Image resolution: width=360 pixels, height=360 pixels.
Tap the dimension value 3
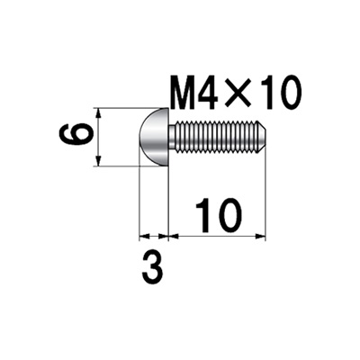coord(153,267)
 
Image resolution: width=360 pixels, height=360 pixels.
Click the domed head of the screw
coord(154,138)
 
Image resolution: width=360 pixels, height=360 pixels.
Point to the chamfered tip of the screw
coord(262,138)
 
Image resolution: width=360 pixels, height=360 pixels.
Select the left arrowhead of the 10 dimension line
coord(173,238)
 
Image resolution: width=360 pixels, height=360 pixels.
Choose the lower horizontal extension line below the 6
coord(121,167)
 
